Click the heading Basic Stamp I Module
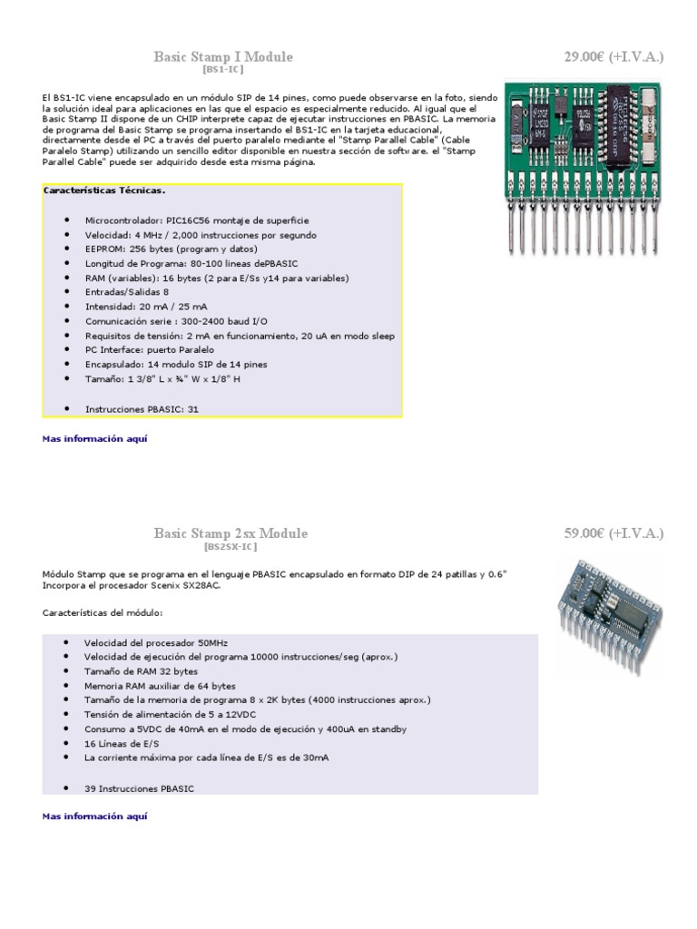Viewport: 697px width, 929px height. (x=223, y=57)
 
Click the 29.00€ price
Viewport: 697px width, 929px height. (x=614, y=57)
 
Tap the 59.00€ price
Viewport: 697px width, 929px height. (x=614, y=533)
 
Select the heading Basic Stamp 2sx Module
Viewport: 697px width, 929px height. (x=231, y=533)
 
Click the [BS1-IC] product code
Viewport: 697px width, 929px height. (x=223, y=69)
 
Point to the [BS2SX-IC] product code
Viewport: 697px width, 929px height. (x=231, y=546)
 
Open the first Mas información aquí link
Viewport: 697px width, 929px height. (x=94, y=439)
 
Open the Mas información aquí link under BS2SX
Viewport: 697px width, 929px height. (x=94, y=817)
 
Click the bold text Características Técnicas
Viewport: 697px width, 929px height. (x=104, y=191)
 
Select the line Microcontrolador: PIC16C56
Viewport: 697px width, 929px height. (x=197, y=220)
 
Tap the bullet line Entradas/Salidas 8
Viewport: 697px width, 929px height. (x=127, y=292)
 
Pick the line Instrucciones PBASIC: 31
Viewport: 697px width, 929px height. (x=142, y=409)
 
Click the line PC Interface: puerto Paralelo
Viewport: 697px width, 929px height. (x=150, y=350)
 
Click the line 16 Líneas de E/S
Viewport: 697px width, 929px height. (x=123, y=743)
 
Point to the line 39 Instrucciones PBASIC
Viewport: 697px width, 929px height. (x=139, y=788)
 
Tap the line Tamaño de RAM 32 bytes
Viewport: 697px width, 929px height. (x=141, y=671)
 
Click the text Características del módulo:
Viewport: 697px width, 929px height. (x=103, y=613)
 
